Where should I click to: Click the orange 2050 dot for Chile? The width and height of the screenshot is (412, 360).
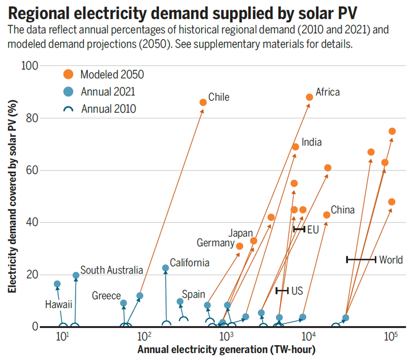203,102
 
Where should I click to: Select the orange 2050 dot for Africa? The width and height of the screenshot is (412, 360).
310,97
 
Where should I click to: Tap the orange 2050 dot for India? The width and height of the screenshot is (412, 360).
295,147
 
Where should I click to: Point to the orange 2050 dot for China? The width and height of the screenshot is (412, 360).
327,215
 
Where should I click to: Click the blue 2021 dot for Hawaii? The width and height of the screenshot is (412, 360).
57,284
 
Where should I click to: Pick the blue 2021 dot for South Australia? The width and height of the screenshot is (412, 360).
76,275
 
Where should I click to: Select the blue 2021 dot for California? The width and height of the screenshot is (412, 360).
165,268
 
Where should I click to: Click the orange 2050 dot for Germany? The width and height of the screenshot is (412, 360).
240,246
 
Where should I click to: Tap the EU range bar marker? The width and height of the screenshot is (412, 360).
299,229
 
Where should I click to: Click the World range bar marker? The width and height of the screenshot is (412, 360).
361,260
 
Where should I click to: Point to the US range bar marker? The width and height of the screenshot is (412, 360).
282,291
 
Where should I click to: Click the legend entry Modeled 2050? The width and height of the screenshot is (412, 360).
104,74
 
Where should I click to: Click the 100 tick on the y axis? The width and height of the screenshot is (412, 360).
30,66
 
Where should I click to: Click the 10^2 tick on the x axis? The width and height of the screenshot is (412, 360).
144,335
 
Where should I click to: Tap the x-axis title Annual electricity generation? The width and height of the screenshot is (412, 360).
227,349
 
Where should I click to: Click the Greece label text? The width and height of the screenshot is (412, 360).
106,296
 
